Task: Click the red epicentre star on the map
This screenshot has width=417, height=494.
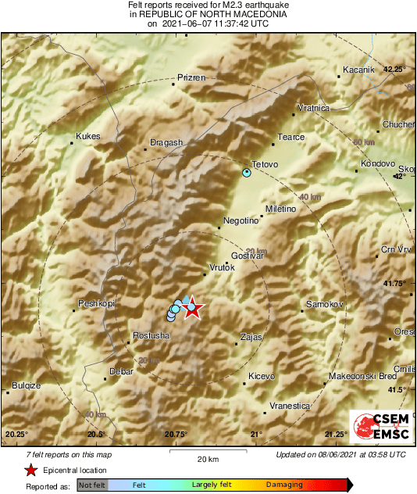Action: click(192, 310)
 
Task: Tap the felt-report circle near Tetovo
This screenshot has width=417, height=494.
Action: click(247, 172)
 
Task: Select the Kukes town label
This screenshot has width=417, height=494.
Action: click(88, 136)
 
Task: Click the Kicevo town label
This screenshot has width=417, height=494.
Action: click(262, 376)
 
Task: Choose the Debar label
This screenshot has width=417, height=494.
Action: click(122, 371)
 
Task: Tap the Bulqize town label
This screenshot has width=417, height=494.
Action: click(26, 385)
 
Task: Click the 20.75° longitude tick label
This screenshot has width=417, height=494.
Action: click(176, 434)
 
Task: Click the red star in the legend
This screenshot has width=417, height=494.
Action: click(30, 470)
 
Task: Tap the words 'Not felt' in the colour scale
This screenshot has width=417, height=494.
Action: click(91, 485)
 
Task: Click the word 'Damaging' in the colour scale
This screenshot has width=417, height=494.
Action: click(284, 485)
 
